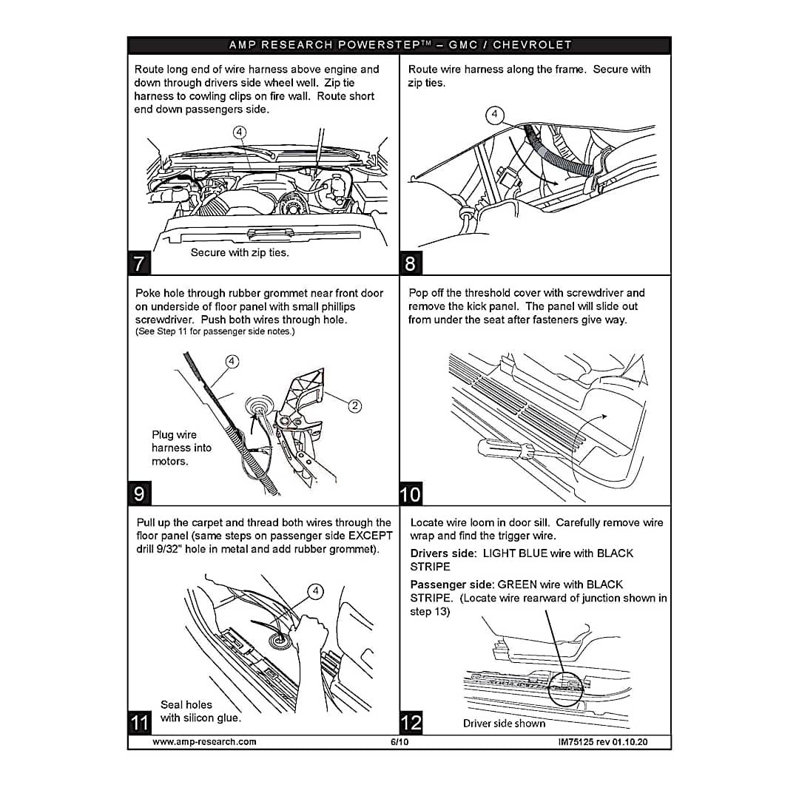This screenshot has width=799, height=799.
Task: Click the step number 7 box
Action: (139, 263)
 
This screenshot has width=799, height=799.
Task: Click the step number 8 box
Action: (411, 263)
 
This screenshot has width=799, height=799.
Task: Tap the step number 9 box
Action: (139, 493)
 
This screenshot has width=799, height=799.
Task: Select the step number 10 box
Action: (411, 493)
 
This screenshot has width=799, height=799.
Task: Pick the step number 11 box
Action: (139, 723)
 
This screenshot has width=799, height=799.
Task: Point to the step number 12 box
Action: (411, 723)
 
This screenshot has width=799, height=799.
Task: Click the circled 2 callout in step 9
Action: (354, 405)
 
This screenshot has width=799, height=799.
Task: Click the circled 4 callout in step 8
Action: (494, 114)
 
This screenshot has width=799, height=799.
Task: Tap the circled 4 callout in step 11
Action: (316, 591)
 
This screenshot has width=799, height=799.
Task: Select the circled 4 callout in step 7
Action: (240, 132)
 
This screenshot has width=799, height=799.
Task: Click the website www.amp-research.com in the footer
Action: (204, 742)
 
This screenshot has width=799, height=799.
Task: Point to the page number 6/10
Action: (399, 742)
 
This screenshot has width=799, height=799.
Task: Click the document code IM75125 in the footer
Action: (576, 742)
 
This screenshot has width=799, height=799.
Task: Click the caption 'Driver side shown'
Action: (504, 723)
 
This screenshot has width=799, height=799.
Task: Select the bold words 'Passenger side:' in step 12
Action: (452, 584)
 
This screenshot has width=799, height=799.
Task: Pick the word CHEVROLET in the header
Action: (532, 45)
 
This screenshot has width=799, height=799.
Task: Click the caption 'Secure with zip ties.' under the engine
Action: (240, 252)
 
